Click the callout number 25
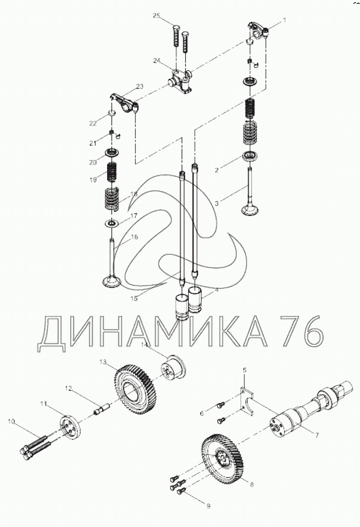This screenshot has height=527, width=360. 156,16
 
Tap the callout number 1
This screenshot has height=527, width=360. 285,20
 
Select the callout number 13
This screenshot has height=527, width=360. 103,362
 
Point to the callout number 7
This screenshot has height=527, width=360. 317,435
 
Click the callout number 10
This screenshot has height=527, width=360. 11,421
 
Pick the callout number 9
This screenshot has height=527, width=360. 208,506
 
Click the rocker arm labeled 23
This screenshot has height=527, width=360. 125,103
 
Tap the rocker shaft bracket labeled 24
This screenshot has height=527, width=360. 181,81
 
